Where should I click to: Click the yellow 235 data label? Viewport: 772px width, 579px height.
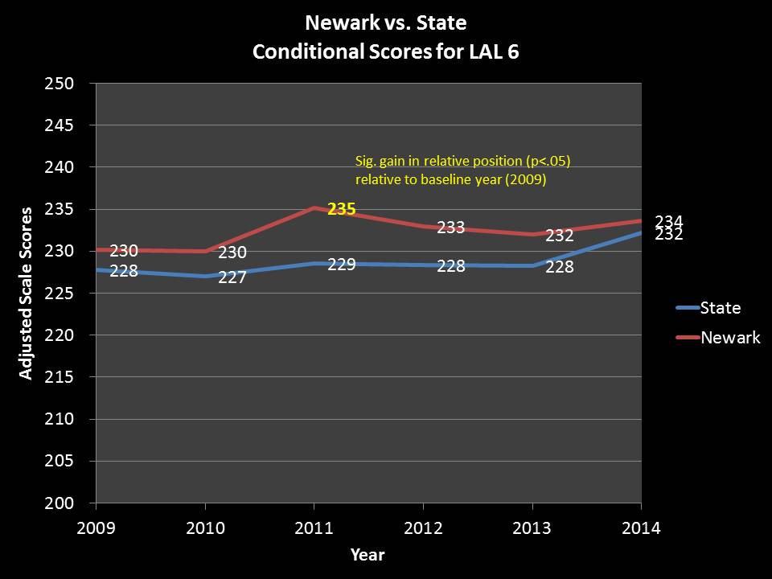pos(342,209)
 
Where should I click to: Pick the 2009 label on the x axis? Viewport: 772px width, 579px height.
pos(96,528)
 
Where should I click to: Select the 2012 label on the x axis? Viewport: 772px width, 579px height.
pos(423,528)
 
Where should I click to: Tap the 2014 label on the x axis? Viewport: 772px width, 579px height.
pos(641,528)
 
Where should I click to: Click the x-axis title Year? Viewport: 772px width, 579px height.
pos(368,555)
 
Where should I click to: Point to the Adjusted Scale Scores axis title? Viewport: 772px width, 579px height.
pos(26,294)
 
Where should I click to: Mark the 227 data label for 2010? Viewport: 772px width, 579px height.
pos(232,278)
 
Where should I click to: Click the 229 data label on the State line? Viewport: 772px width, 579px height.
pos(342,264)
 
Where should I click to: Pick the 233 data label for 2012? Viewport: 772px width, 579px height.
pos(451,228)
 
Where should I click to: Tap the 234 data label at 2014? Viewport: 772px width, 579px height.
pos(669,220)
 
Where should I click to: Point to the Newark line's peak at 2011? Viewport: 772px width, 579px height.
pos(314,207)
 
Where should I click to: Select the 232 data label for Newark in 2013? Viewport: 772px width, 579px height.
pos(560,236)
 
